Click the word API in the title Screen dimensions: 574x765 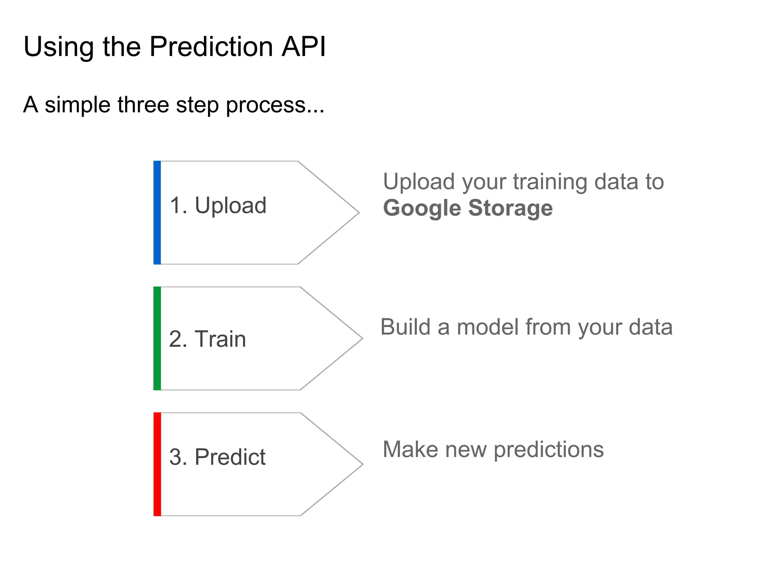click(304, 47)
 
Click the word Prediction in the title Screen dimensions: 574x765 click(212, 47)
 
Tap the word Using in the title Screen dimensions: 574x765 click(58, 47)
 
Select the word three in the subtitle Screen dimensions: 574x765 click(143, 105)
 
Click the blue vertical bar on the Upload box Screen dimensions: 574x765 click(157, 213)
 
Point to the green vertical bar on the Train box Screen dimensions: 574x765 click(157, 338)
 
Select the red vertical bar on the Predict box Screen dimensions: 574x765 click(157, 464)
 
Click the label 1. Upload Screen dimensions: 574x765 click(218, 206)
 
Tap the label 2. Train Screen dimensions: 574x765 click(207, 339)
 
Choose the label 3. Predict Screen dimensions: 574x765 click(217, 457)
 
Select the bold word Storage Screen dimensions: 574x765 click(510, 208)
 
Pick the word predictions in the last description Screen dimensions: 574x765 click(548, 450)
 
